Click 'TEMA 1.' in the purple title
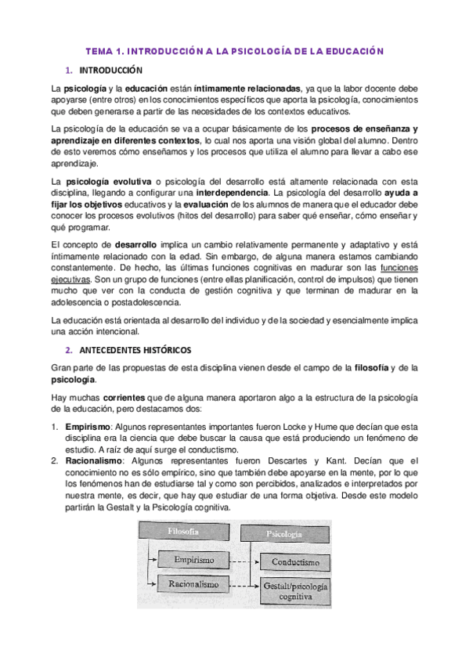(108, 51)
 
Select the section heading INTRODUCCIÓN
(112, 70)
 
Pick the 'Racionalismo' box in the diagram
(193, 584)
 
